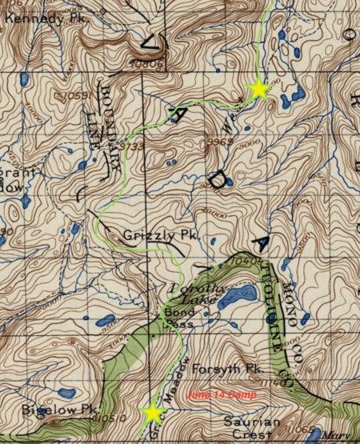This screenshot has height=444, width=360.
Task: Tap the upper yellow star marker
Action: (258, 89)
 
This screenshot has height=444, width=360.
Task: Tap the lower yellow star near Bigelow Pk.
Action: (152, 412)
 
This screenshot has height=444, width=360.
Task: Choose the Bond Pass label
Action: (181, 315)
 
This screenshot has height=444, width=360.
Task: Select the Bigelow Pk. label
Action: (48, 409)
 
